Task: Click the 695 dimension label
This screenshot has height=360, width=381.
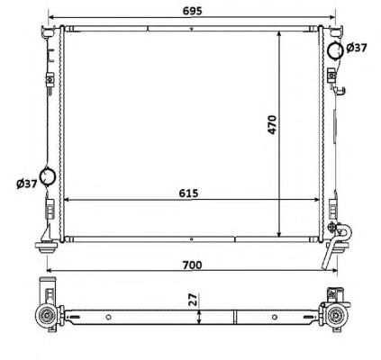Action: (x=193, y=11)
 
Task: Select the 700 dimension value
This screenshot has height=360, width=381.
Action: (x=193, y=265)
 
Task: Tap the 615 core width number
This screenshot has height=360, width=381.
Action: (x=188, y=193)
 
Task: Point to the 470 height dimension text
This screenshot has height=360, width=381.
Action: (x=272, y=124)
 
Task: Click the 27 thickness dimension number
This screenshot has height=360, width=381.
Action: (x=194, y=300)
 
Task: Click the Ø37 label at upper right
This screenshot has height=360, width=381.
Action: (x=357, y=48)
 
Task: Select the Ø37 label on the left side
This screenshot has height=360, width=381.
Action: (x=27, y=184)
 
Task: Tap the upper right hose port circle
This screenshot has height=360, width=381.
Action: (x=335, y=51)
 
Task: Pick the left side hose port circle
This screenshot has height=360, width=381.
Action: (x=48, y=175)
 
